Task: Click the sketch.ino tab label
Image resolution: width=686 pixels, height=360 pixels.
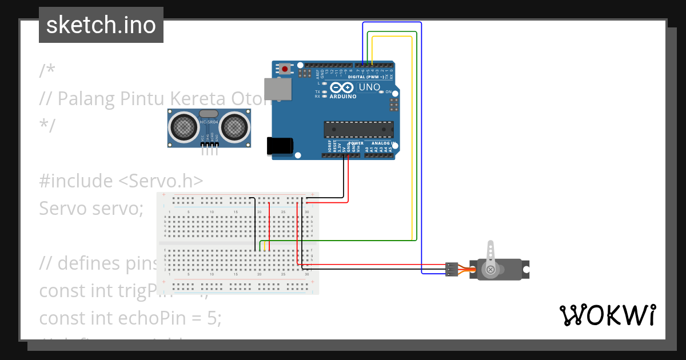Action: click(x=101, y=25)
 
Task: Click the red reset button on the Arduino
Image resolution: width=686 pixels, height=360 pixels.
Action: click(x=285, y=69)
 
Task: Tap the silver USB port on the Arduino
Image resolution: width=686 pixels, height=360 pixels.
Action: click(x=278, y=89)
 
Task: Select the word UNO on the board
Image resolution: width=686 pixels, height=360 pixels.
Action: click(x=369, y=87)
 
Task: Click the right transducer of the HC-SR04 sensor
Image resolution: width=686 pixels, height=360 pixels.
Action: click(x=234, y=125)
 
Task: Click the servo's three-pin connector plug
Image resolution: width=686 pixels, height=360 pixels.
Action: click(x=452, y=269)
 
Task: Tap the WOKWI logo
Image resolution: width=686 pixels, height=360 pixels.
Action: click(x=607, y=315)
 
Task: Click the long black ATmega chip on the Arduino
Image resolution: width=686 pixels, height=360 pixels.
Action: click(x=358, y=129)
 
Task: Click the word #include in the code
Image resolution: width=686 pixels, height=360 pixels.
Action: click(x=75, y=181)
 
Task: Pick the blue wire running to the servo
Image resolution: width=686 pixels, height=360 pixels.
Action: click(x=421, y=171)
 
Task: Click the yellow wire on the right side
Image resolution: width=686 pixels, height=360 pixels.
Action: click(x=412, y=143)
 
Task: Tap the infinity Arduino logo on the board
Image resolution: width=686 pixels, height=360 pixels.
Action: click(x=342, y=87)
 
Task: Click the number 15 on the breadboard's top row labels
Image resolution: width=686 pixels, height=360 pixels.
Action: click(x=236, y=212)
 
